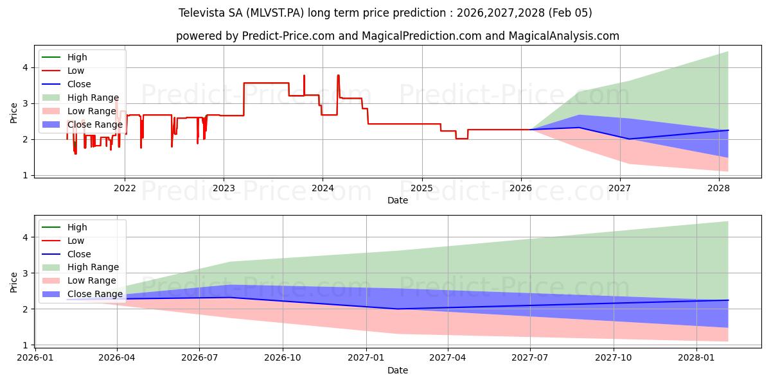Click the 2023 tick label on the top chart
point(224,187)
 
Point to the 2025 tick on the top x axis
point(421,187)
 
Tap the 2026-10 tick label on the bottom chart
point(283,357)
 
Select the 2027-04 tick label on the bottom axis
point(448,357)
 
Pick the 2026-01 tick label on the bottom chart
point(35,357)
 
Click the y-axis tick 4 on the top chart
point(24,67)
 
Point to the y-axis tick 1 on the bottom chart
point(24,345)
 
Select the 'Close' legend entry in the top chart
point(78,84)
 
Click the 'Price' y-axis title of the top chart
point(13,112)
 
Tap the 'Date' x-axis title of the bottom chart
point(398,370)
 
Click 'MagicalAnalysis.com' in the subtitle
point(564,36)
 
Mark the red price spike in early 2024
point(338,76)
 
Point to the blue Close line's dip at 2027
point(628,139)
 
